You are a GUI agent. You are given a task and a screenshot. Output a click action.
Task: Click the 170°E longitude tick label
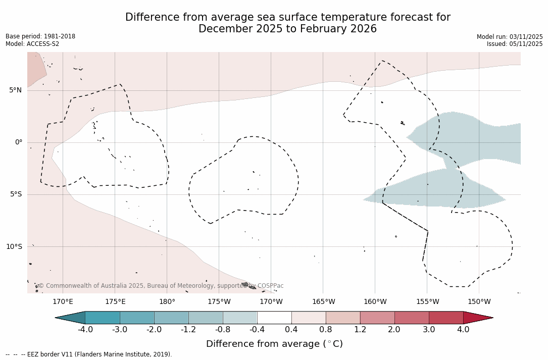[x=63, y=302]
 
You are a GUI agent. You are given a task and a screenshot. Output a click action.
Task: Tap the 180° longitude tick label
[x=167, y=302]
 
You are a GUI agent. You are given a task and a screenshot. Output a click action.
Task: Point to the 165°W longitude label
[x=323, y=302]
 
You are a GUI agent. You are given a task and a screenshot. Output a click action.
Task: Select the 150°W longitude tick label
[x=479, y=302]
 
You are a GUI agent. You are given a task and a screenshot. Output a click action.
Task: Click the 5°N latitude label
[x=15, y=90]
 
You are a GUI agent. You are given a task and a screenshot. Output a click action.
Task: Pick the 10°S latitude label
[x=14, y=246]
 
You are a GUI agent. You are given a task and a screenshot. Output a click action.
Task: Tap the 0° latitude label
[x=19, y=142]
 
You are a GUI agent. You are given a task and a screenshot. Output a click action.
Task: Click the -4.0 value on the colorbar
[x=85, y=330]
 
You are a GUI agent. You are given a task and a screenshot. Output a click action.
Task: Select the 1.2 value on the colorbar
[x=360, y=330]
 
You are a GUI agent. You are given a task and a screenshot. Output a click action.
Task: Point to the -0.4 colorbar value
[x=257, y=330]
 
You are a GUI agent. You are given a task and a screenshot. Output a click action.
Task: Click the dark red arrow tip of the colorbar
[x=480, y=318]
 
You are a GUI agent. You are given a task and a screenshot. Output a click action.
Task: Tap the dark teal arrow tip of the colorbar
[x=69, y=318]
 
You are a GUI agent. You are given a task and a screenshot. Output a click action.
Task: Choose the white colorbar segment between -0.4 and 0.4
[x=274, y=318]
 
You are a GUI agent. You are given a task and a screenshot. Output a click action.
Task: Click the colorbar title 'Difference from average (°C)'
[x=274, y=344]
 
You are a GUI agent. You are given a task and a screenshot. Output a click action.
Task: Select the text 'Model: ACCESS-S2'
[x=32, y=44]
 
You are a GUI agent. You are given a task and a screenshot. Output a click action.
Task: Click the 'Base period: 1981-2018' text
[x=40, y=36]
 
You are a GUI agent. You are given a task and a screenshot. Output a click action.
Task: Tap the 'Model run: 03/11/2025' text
[x=510, y=37]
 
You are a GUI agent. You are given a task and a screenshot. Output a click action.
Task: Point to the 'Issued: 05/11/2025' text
[x=515, y=44]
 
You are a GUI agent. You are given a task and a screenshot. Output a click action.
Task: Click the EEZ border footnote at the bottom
[x=89, y=354]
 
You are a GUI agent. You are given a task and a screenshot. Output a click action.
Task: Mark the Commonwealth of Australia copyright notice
[x=161, y=286]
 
